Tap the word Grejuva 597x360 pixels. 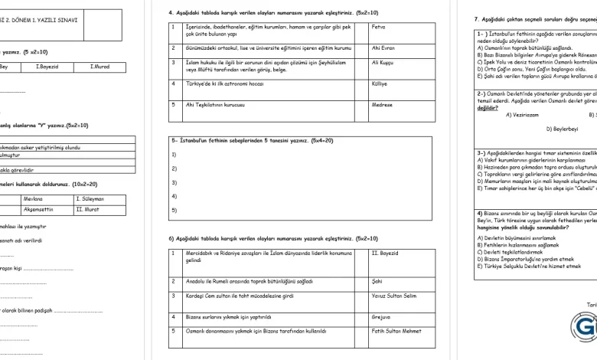pyautogui.click(x=382, y=315)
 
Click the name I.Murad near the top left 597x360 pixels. pyautogui.click(x=101, y=67)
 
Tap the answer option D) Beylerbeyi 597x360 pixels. pyautogui.click(x=563, y=129)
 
